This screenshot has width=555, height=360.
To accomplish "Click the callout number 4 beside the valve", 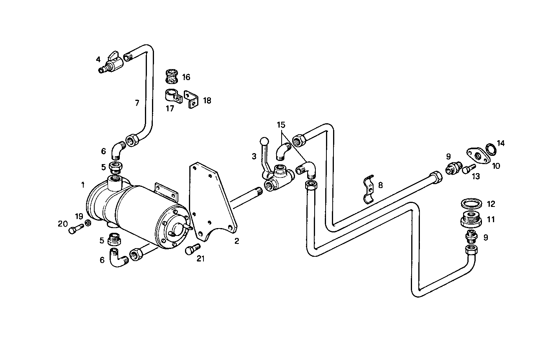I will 98,60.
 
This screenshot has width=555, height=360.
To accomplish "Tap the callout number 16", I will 186,77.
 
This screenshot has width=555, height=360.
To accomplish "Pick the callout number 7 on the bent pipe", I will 137,103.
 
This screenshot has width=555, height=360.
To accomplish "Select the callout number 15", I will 281,125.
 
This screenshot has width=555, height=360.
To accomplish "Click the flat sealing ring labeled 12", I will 471,204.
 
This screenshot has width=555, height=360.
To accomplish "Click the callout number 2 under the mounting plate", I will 236,241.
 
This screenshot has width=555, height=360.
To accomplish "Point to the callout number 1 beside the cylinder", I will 83,185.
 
